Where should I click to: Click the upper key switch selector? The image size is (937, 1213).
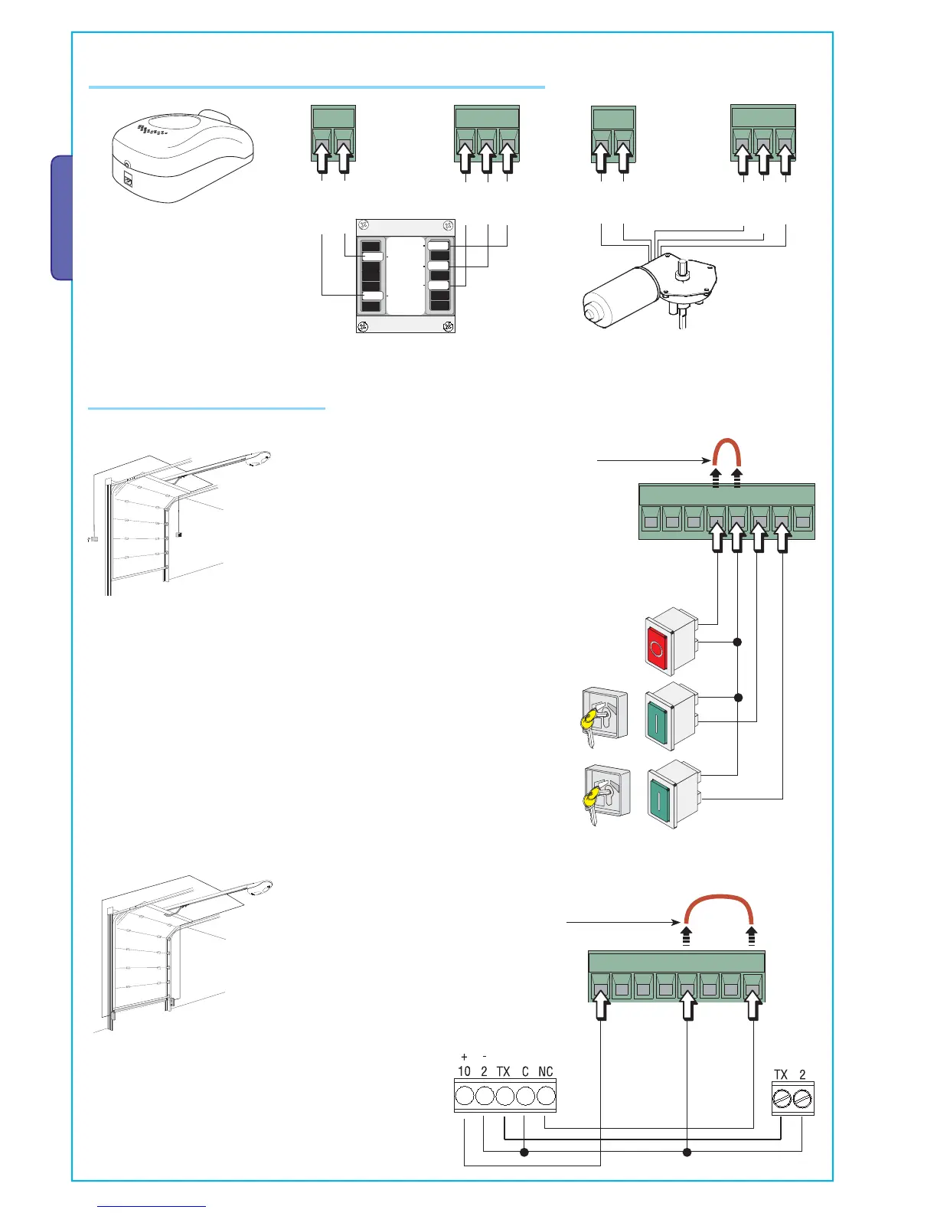point(603,717)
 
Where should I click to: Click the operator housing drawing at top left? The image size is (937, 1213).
point(182,157)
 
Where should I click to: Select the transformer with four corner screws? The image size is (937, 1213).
point(406,276)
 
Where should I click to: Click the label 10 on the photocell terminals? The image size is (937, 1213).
point(464,1071)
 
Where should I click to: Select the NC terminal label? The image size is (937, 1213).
point(545,1071)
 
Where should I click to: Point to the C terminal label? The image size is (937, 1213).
point(525,1071)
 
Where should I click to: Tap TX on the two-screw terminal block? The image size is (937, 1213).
point(781,1074)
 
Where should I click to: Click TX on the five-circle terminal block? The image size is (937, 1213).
point(503,1071)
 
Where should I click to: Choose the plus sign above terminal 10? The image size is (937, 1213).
point(464,1057)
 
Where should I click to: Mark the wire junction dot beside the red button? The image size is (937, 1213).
point(738,642)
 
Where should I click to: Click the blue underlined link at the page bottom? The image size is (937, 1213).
point(152,1206)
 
